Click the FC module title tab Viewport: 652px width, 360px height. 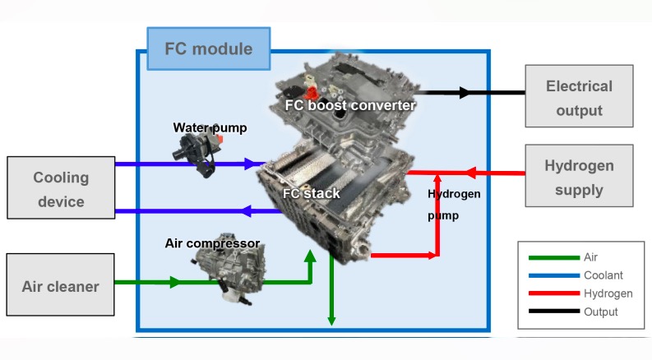208,49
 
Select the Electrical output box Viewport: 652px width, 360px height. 579,98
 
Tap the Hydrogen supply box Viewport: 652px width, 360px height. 579,178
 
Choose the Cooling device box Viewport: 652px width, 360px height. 61,190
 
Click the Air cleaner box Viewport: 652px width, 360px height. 60,286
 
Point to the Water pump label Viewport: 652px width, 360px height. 210,127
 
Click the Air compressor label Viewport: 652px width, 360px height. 212,243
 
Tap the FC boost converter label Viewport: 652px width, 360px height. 350,105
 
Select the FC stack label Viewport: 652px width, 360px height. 312,193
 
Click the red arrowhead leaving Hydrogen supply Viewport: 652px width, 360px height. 470,173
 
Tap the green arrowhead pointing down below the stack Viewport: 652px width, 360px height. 331,319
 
